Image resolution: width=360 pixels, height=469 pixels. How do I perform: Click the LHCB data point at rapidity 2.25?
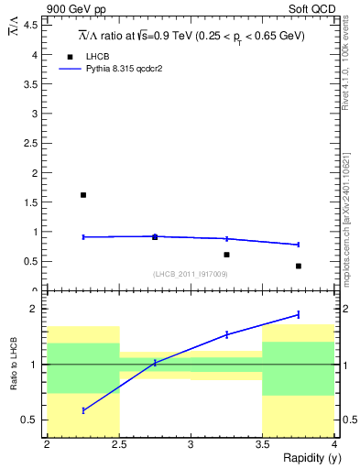83,195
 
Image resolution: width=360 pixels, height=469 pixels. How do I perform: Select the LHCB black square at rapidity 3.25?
226,255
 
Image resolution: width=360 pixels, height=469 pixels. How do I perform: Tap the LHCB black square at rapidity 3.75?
299,266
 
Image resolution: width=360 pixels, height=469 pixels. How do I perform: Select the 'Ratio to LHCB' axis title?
16,365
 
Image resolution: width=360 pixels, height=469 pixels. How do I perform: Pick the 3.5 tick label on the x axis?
262,445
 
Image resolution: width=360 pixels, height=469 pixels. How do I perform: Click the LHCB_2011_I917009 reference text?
191,274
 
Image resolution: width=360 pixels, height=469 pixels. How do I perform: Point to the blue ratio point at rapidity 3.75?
299,314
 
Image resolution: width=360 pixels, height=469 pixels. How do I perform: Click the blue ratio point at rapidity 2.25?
83,410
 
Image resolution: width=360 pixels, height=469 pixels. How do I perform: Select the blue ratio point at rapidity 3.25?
226,334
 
